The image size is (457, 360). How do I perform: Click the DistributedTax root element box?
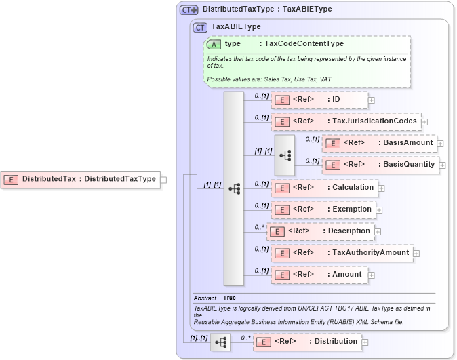[x=80, y=179]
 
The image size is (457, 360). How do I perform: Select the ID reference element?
[x=319, y=100]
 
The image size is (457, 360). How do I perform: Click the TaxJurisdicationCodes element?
[x=345, y=122]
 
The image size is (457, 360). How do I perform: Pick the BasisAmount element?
[x=379, y=143]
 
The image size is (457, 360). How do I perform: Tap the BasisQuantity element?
[x=379, y=165]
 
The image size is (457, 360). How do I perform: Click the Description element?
[x=320, y=231]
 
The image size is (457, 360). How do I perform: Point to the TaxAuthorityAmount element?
[x=342, y=253]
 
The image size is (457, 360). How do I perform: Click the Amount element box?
[x=319, y=275]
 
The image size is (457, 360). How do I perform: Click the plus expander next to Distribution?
[x=366, y=342]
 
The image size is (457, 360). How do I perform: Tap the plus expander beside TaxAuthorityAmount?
[x=417, y=254]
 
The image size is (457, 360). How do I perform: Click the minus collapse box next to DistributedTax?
[x=163, y=180]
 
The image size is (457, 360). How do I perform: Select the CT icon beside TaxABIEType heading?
[x=200, y=27]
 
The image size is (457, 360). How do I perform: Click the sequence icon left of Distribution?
[x=220, y=342]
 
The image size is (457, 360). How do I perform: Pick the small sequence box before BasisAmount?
[x=285, y=155]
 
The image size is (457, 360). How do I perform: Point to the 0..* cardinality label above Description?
[x=258, y=227]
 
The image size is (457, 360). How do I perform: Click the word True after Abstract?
[x=230, y=298]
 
